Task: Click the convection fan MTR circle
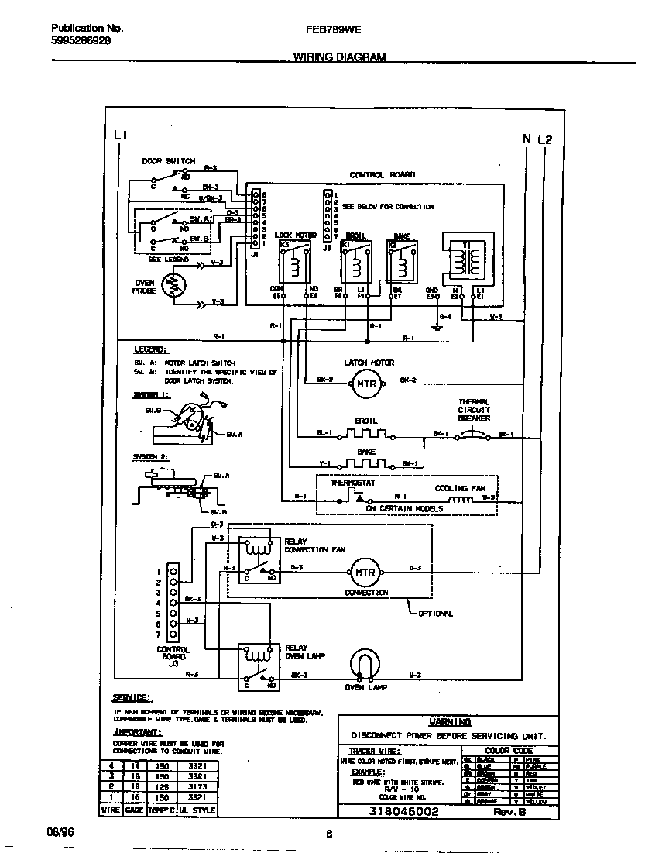point(364,573)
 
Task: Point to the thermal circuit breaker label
point(474,410)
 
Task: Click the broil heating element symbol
point(365,433)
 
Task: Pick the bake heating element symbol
point(365,463)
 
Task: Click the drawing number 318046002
point(404,811)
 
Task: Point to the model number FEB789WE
point(335,29)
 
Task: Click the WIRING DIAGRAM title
point(339,57)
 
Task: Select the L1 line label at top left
point(120,136)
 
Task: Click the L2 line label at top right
point(545,139)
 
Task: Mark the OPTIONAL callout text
point(434,614)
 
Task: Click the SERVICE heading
point(132,697)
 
